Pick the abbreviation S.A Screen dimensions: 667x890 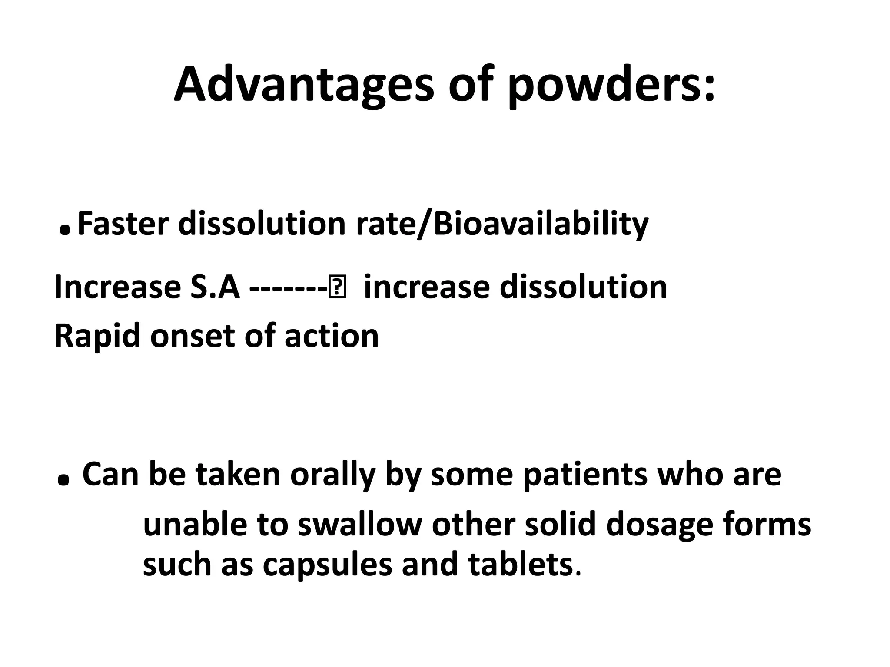point(215,287)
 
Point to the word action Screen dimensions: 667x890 point(332,337)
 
